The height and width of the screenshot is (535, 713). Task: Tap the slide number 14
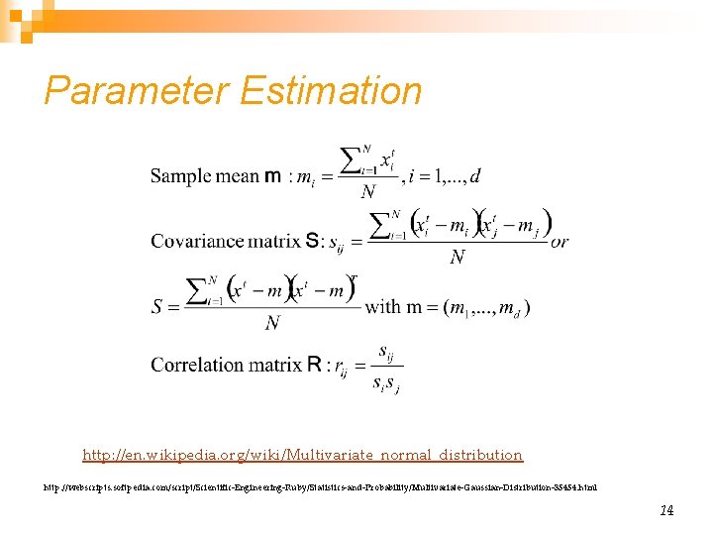[x=666, y=510]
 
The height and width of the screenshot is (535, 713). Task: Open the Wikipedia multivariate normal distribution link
[x=302, y=455]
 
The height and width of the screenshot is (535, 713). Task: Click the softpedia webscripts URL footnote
[x=320, y=486]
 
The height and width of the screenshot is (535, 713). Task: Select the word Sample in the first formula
[x=181, y=176]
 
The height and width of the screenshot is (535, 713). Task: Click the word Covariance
[x=195, y=241]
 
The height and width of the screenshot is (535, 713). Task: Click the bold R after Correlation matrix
[x=314, y=365]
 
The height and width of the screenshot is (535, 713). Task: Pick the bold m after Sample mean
[x=275, y=176]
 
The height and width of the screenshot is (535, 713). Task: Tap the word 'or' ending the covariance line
[x=560, y=242]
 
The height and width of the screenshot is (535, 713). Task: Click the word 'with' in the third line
[x=383, y=306]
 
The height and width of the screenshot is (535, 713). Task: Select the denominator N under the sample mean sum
[x=367, y=192]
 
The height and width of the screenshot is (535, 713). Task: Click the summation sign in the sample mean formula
[x=350, y=159]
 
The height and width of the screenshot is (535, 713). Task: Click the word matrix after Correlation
[x=275, y=365]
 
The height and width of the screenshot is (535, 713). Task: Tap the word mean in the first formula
[x=238, y=176]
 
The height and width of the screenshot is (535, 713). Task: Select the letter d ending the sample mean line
[x=476, y=176]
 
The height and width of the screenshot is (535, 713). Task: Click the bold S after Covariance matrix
[x=312, y=241]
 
